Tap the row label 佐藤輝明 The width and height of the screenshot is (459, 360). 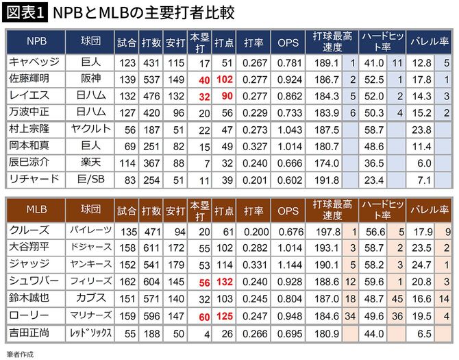[x=33, y=80]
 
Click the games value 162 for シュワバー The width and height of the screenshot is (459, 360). [x=125, y=281]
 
